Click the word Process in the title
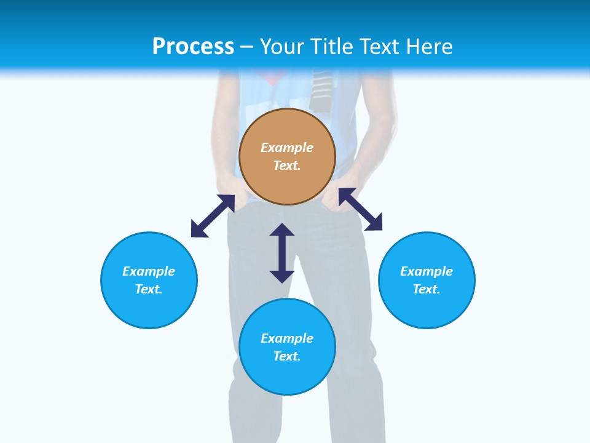click(x=193, y=47)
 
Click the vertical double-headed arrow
click(x=282, y=253)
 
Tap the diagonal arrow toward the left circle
click(x=213, y=216)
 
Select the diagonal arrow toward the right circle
click(x=360, y=209)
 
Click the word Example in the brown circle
click(x=287, y=148)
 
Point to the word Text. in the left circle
click(x=149, y=289)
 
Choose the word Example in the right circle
click(x=427, y=271)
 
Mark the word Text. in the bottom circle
click(x=287, y=356)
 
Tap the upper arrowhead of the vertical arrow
click(x=282, y=229)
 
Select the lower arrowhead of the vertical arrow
click(x=282, y=276)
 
